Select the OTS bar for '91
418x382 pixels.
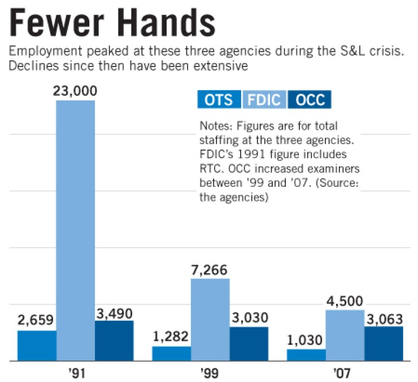pos(37,345)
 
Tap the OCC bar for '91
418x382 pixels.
pos(114,341)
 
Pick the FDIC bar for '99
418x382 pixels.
pos(210,319)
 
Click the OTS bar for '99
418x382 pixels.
pos(171,353)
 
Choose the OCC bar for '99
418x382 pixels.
pos(249,344)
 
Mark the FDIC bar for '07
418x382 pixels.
pos(345,335)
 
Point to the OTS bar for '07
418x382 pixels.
pos(306,355)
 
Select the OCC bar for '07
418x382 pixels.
pos(384,343)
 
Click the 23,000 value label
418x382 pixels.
pos(76,91)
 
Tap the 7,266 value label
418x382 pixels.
pos(210,269)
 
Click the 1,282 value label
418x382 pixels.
pos(172,337)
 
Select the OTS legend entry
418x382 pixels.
pos(219,100)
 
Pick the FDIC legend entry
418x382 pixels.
pos(264,100)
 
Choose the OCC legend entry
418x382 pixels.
pos(309,100)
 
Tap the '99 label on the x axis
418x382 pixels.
pos(210,373)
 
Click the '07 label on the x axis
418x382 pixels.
pos(345,373)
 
